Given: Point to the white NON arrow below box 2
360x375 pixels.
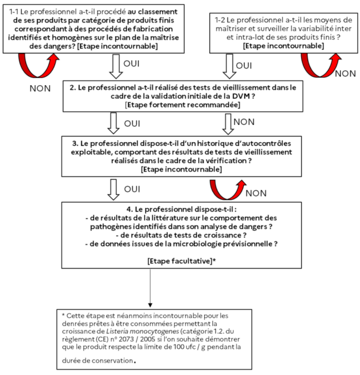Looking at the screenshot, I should pos(227,124).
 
